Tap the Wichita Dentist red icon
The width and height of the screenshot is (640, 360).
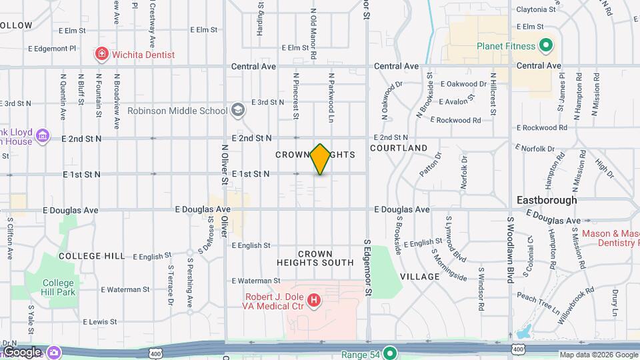101,53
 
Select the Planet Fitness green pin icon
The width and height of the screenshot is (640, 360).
546,46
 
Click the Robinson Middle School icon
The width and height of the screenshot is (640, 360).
238,110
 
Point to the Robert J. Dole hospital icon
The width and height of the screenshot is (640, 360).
314,303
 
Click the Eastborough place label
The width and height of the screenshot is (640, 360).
547,199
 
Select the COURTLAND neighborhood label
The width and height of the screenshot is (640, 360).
399,147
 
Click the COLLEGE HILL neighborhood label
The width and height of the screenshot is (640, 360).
91,255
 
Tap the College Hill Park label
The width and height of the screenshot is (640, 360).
59,287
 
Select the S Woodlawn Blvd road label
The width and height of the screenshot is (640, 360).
510,249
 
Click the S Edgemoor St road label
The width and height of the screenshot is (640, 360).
367,267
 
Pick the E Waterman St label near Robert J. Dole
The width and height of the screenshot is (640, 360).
256,281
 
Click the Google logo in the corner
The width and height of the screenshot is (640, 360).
23,352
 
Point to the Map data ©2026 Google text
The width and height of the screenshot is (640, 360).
598,355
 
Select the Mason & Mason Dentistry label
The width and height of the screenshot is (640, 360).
609,238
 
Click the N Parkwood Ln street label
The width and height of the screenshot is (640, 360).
330,97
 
